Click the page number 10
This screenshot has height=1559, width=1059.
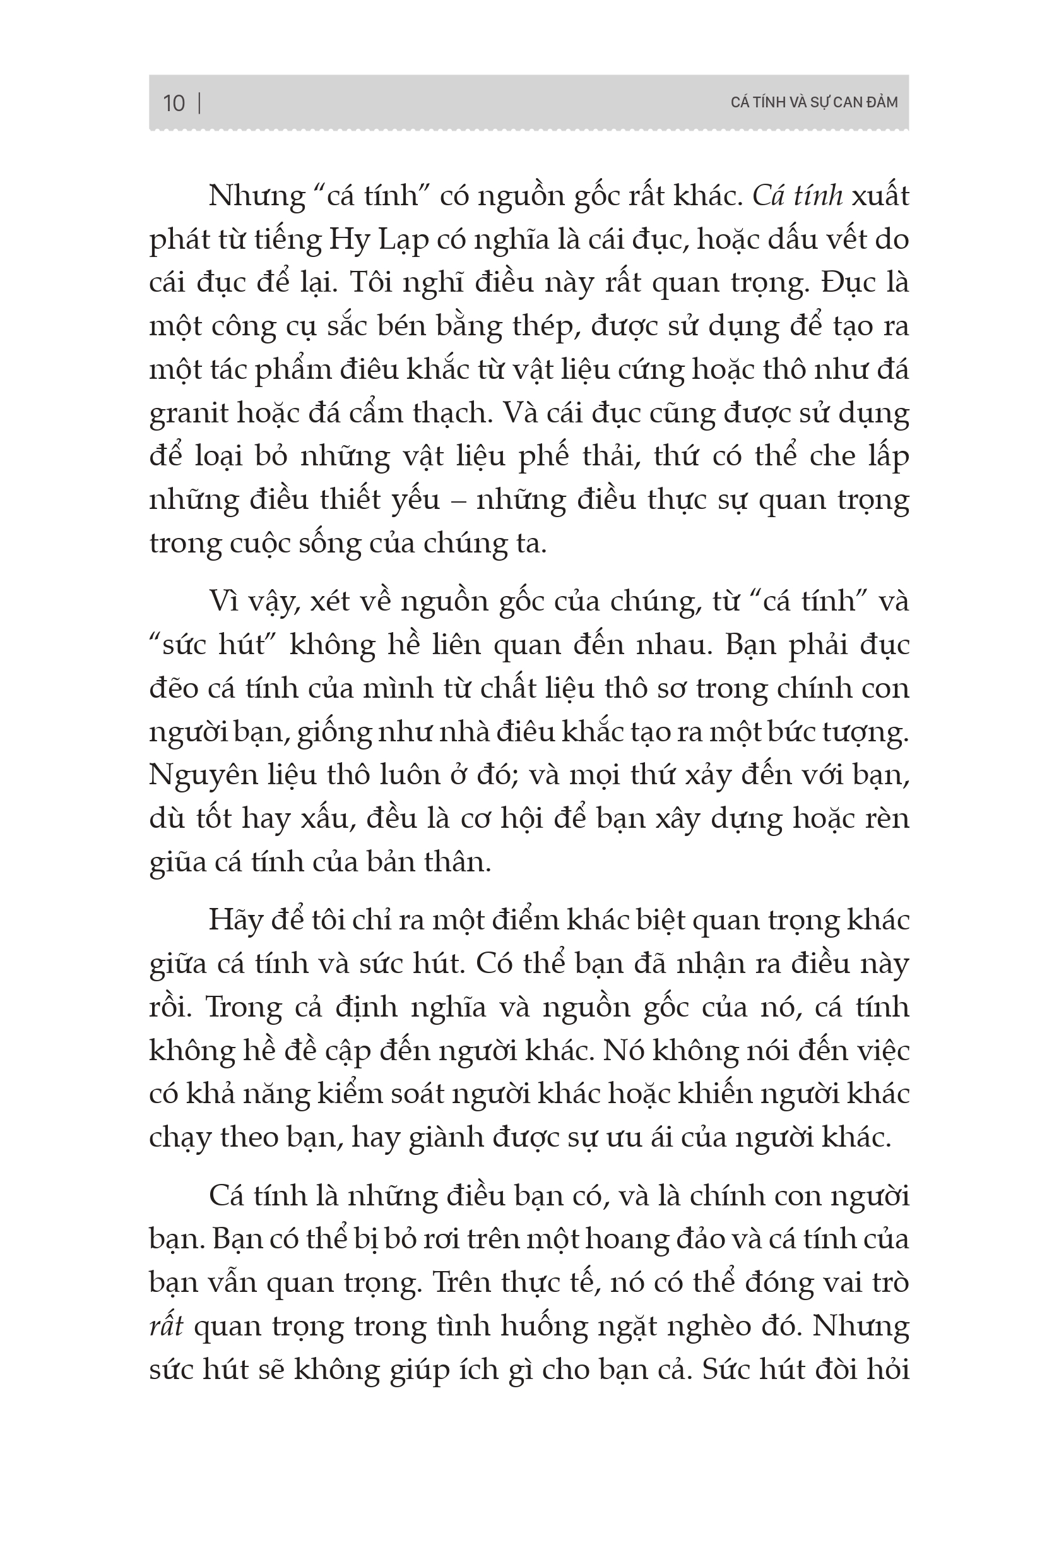pyautogui.click(x=174, y=104)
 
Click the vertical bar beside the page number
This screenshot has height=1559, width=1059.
pyautogui.click(x=200, y=104)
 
